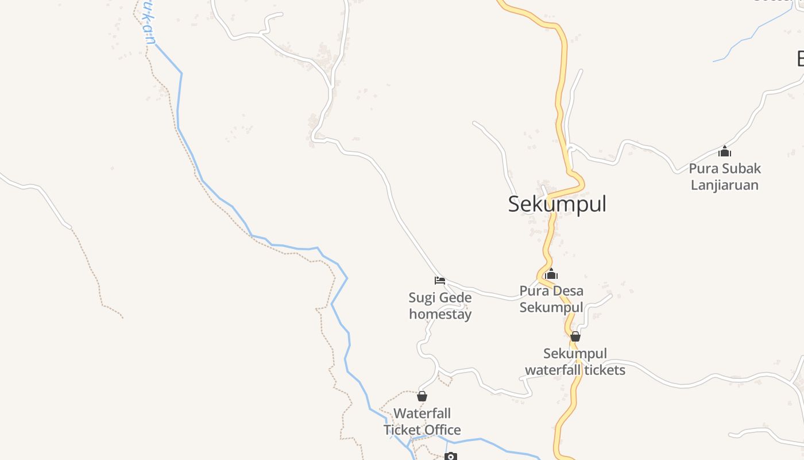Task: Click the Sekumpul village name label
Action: point(557,204)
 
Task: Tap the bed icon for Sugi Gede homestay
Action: point(440,281)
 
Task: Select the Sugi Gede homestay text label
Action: point(440,306)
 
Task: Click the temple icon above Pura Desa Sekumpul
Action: point(551,274)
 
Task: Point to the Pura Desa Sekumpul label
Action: point(551,299)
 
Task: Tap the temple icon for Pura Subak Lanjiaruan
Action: point(725,152)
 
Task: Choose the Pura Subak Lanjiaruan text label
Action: point(725,177)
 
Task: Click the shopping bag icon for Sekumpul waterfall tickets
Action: point(575,336)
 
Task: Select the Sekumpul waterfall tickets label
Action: point(575,362)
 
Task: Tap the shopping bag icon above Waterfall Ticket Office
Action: point(422,396)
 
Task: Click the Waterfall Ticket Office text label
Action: point(422,421)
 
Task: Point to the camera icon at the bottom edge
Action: point(451,457)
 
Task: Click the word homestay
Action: point(440,315)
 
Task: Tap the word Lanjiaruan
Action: point(725,185)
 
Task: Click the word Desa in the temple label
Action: point(570,291)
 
